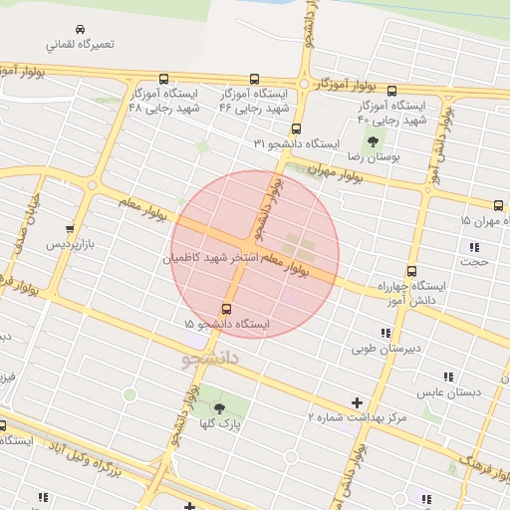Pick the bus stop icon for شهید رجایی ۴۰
click(x=392, y=91)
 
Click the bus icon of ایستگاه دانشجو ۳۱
click(x=296, y=128)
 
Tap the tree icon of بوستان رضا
click(x=375, y=141)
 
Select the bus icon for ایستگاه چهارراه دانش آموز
click(x=410, y=271)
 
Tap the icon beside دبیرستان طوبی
click(x=384, y=334)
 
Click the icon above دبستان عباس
click(x=448, y=377)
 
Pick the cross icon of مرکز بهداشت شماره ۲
click(x=357, y=402)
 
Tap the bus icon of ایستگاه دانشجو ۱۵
click(x=227, y=309)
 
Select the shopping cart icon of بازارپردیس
click(x=68, y=228)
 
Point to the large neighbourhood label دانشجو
click(x=211, y=358)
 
